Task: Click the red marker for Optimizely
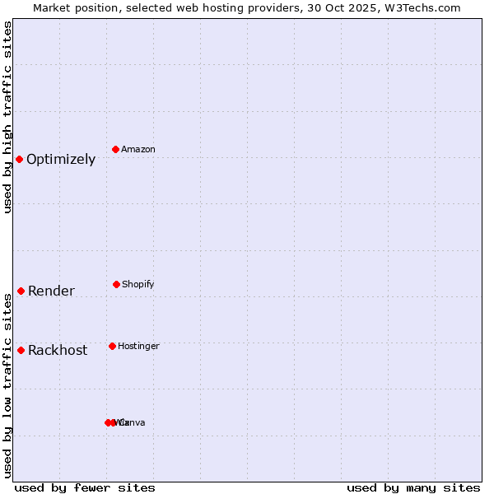click(x=19, y=159)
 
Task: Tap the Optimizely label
click(x=61, y=160)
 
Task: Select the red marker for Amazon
click(x=115, y=149)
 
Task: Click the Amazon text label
click(x=138, y=150)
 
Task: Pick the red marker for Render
click(x=21, y=291)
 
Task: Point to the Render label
click(x=51, y=291)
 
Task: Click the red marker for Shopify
click(x=116, y=284)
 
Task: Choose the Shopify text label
click(x=138, y=285)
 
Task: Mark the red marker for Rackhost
click(x=21, y=350)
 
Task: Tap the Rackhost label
click(x=58, y=351)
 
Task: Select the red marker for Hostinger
click(x=112, y=346)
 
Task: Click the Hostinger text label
click(x=138, y=347)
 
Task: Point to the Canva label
click(x=133, y=423)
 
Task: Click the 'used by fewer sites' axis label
click(x=85, y=487)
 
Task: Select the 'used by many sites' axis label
click(x=413, y=487)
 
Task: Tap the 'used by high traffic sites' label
click(x=8, y=117)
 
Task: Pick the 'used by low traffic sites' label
click(x=8, y=384)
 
